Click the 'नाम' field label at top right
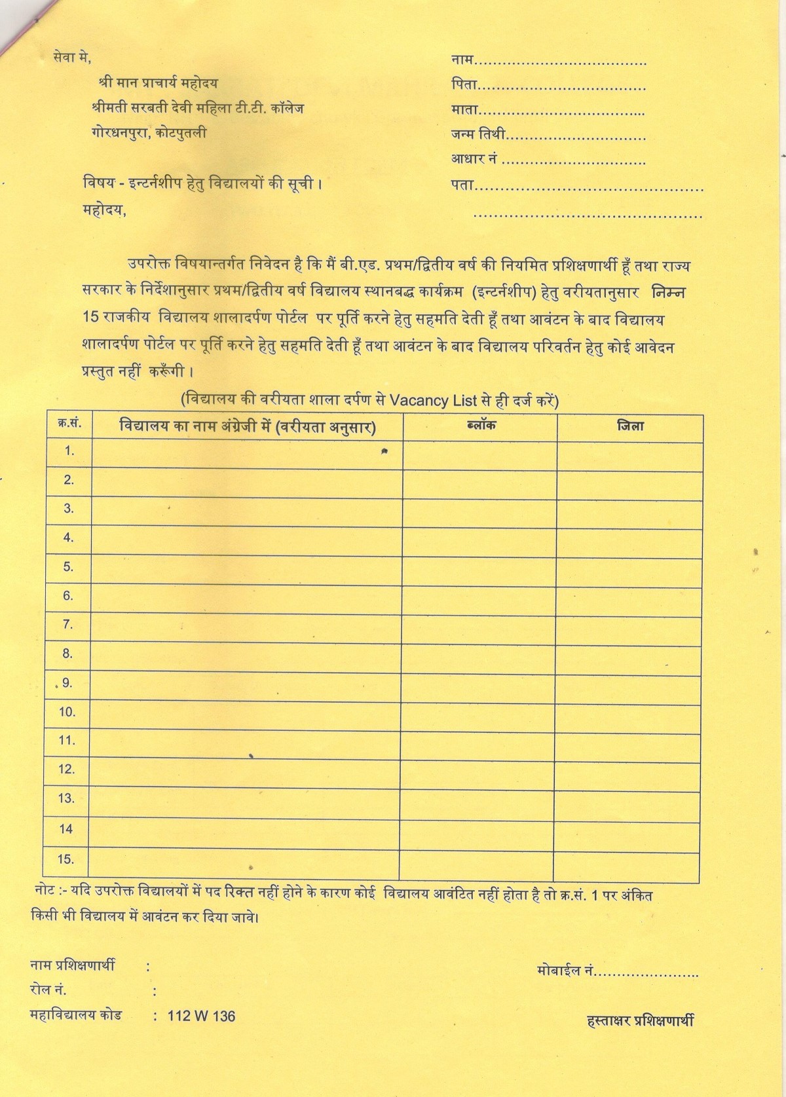pyautogui.click(x=462, y=61)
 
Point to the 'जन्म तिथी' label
pyautogui.click(x=478, y=135)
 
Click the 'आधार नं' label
pyautogui.click(x=475, y=159)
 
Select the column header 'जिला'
pyautogui.click(x=630, y=426)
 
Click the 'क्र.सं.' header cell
pyautogui.click(x=69, y=424)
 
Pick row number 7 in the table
pyautogui.click(x=68, y=625)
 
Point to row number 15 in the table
pyautogui.click(x=67, y=859)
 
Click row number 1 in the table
pyautogui.click(x=69, y=451)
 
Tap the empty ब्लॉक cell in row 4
pyautogui.click(x=480, y=538)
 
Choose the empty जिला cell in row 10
pyautogui.click(x=630, y=712)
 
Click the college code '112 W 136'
pyautogui.click(x=201, y=1016)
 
